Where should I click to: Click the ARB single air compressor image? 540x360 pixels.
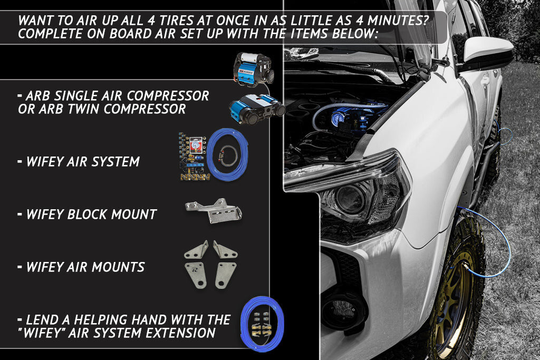coord(254,69)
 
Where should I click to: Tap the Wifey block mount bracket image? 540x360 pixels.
coord(214,210)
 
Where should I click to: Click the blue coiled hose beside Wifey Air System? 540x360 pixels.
coord(227,154)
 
